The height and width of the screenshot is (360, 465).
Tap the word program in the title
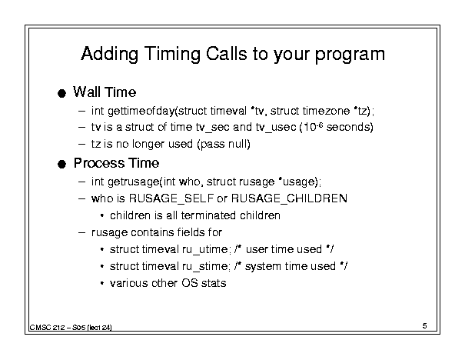coord(350,55)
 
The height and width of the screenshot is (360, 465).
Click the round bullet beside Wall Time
coord(61,94)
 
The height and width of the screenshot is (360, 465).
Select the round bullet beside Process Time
coord(61,164)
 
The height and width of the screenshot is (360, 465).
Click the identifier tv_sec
coord(213,128)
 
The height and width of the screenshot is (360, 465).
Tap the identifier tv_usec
coord(276,128)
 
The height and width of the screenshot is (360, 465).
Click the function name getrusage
coord(133,182)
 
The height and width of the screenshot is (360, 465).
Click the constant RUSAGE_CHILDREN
coord(289,198)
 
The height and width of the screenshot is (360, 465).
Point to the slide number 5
coord(425,326)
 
